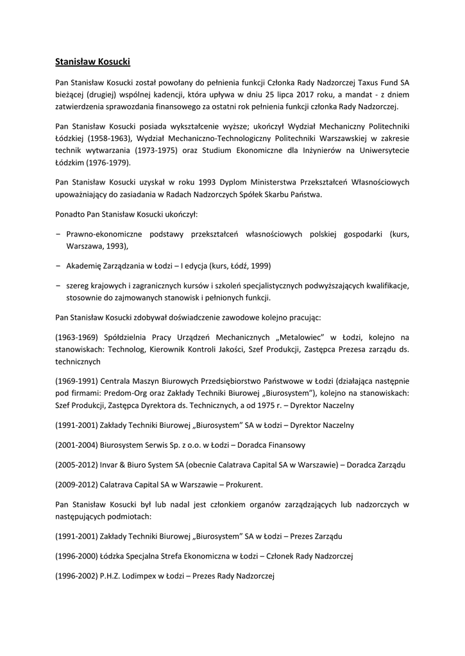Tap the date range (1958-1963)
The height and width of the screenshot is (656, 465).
[96, 140]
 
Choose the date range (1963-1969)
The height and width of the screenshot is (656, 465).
[78, 337]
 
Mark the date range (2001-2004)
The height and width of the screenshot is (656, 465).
[78, 445]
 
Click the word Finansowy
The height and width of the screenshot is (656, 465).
[284, 445]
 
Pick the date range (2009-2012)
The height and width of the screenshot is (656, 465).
[78, 484]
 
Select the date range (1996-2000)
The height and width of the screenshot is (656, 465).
[78, 555]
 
